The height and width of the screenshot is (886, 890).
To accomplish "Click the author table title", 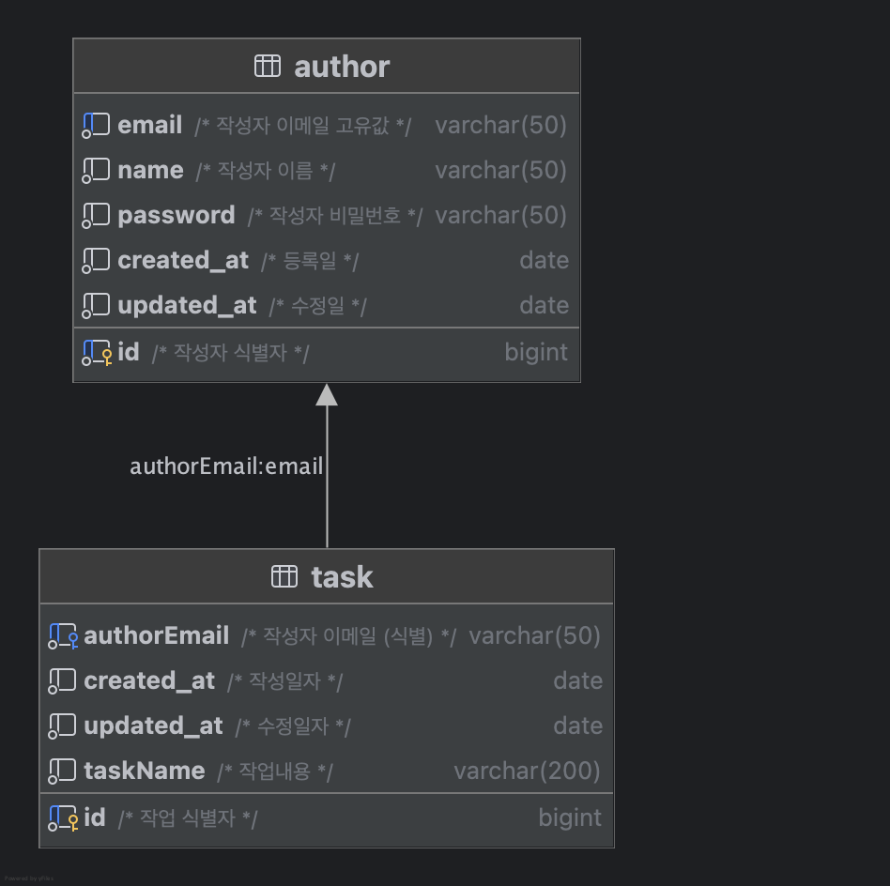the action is pyautogui.click(x=342, y=67).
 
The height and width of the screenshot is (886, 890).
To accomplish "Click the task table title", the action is pyautogui.click(x=342, y=577).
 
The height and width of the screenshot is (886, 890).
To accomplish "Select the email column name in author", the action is pyautogui.click(x=149, y=125).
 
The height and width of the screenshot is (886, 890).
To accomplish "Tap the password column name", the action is pyautogui.click(x=176, y=215).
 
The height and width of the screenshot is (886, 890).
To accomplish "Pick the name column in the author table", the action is pyautogui.click(x=150, y=170).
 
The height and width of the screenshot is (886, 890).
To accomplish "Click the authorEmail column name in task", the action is pyautogui.click(x=156, y=635).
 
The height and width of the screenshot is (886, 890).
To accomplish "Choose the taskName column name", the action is pyautogui.click(x=144, y=771).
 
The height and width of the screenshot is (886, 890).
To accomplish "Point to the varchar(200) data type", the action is pyautogui.click(x=527, y=771).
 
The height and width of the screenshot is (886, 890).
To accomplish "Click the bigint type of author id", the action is pyautogui.click(x=536, y=352).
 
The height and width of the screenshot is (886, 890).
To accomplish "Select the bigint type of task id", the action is pyautogui.click(x=570, y=817).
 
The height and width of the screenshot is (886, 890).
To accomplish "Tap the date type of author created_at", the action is pyautogui.click(x=545, y=260).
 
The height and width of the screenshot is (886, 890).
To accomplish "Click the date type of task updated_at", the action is pyautogui.click(x=578, y=726).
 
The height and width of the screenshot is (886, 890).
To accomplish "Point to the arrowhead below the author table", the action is pyautogui.click(x=327, y=395).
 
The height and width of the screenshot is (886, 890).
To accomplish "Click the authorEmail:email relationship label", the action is pyautogui.click(x=226, y=466).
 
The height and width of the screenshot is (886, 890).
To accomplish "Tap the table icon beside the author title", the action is pyautogui.click(x=268, y=66).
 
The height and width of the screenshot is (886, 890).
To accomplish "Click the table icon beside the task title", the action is pyautogui.click(x=284, y=576).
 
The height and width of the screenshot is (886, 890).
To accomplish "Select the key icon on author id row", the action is pyautogui.click(x=106, y=356).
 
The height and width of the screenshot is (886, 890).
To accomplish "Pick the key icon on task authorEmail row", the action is pyautogui.click(x=72, y=640).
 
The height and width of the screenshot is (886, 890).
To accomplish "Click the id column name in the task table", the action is pyautogui.click(x=95, y=817).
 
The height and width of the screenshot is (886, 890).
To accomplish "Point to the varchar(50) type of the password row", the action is pyautogui.click(x=500, y=215).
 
